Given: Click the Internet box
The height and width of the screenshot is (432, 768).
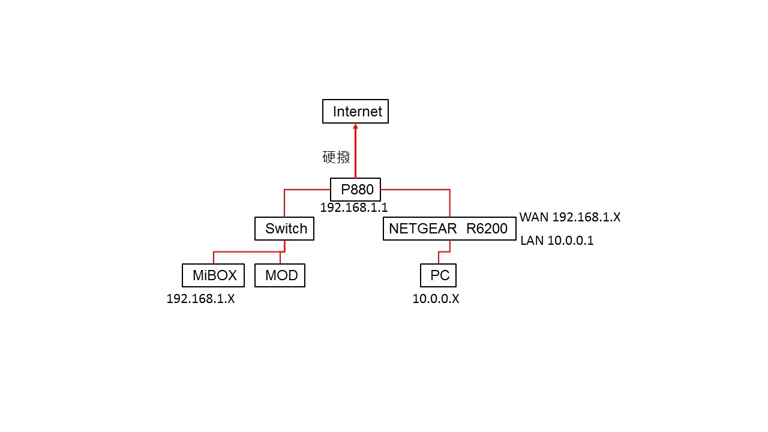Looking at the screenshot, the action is tap(355, 112).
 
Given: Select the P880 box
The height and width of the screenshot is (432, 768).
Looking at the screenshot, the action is tap(355, 189).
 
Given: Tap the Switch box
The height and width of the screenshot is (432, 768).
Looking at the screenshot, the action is tap(284, 229).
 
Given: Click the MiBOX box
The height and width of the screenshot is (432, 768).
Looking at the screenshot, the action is tap(213, 275).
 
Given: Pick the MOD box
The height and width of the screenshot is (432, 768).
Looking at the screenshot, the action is tap(280, 275).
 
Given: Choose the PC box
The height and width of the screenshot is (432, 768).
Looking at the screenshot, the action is tap(438, 275).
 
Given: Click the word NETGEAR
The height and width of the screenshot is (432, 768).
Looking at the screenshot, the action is tap(422, 229).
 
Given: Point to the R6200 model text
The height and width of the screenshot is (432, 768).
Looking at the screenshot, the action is tap(487, 229).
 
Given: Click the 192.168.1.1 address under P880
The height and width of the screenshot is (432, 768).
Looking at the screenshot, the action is tap(354, 208).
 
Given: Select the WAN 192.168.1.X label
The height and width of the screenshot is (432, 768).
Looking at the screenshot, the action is tap(570, 217).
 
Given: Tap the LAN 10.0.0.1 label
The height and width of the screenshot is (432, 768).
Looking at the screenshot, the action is tap(557, 241).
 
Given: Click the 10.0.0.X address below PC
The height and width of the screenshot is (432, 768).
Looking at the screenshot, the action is tap(436, 299).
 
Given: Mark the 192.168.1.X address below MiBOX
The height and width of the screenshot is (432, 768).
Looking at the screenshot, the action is tap(200, 299).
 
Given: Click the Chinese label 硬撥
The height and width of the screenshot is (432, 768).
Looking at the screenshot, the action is tap(336, 157).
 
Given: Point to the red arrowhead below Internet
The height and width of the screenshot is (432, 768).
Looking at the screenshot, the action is tap(356, 126).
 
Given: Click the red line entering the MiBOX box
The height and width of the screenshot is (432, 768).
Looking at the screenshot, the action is tap(214, 257).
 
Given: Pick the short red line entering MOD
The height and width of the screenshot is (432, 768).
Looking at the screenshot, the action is tap(280, 258).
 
